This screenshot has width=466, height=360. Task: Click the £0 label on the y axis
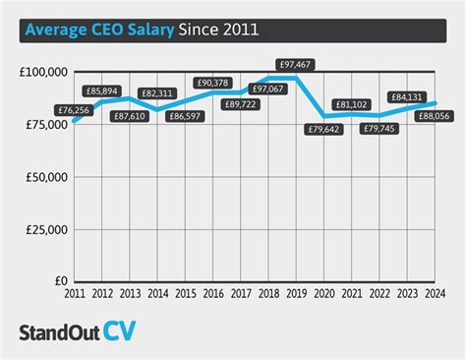[61, 281]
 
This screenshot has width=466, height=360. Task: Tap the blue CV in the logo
[119, 330]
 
